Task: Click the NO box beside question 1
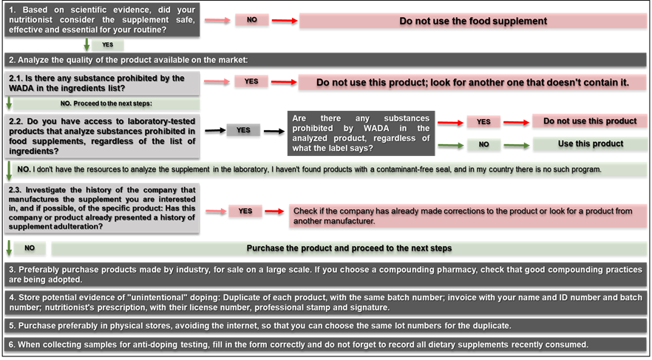[x=252, y=20]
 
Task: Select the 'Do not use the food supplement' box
[x=473, y=21]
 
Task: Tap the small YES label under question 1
[x=108, y=45]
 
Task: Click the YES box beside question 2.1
[x=251, y=81]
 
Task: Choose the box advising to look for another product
[x=472, y=82]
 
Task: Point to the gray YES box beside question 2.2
[x=243, y=130]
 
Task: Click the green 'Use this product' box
[x=590, y=144]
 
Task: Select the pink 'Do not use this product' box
[x=590, y=121]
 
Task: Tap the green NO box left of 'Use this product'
[x=483, y=145]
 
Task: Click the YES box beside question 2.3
[x=245, y=211]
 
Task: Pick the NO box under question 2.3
[x=30, y=248]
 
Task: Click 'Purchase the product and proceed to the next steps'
[x=349, y=248]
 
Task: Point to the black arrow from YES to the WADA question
[x=274, y=132]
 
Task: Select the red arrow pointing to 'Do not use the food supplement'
[x=285, y=21]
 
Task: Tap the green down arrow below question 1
[x=87, y=45]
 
